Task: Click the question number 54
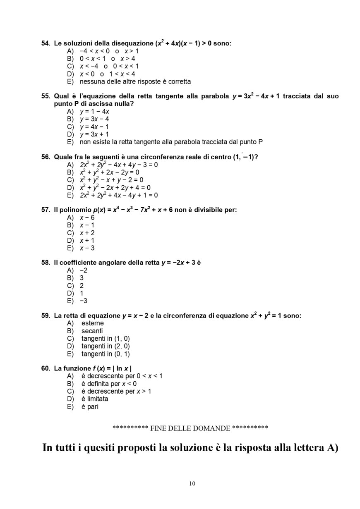[46, 43]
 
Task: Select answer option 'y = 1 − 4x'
[94, 111]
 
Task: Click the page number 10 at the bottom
[192, 483]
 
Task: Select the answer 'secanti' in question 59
[92, 331]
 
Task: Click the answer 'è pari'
[90, 406]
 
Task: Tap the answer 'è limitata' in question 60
[95, 399]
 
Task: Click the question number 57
[46, 210]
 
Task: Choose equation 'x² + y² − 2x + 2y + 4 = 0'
[115, 187]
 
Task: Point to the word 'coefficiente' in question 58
[78, 263]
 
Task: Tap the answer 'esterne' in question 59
[93, 323]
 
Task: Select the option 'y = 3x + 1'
[94, 134]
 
